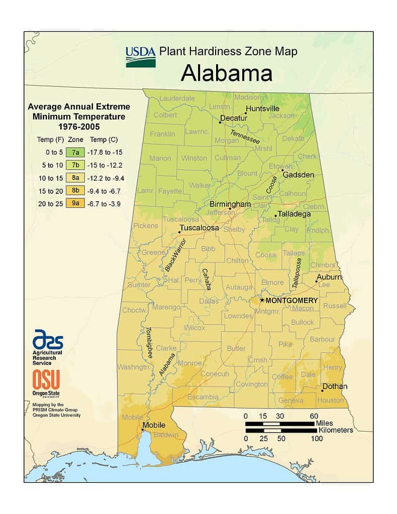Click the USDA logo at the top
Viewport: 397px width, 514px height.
coord(140,56)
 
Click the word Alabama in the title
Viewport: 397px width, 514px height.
coord(226,73)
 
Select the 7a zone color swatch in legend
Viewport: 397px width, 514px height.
coord(75,151)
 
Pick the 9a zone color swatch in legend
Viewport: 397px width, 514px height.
coord(75,203)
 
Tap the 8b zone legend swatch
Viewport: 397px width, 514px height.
coord(75,190)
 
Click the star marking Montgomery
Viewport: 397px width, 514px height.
coord(261,300)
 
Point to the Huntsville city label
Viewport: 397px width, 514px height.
coord(262,108)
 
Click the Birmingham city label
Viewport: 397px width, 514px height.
coord(230,204)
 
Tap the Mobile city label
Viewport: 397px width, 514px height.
coord(154,426)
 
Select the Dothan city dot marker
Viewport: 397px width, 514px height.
coord(322,390)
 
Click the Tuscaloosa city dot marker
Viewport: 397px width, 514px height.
coord(179,232)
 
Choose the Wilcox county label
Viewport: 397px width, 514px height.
coord(194,328)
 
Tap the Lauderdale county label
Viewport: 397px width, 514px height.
coord(177,98)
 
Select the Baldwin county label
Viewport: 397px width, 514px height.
coord(166,435)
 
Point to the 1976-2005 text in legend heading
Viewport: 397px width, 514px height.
coord(79,126)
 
